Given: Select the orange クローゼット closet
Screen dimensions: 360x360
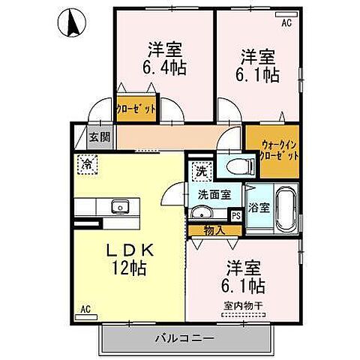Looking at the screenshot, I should tap(136, 108).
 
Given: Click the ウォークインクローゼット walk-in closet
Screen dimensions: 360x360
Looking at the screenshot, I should tap(270, 150).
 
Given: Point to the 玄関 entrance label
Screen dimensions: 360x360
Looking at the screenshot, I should tap(98, 137).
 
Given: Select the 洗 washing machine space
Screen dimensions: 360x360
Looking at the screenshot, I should tap(200, 171).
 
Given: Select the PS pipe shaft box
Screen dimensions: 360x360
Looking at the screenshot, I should tap(236, 215).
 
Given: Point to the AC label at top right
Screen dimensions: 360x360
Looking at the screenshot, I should tap(286, 23).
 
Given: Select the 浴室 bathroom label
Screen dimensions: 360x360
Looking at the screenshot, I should tap(259, 205).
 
